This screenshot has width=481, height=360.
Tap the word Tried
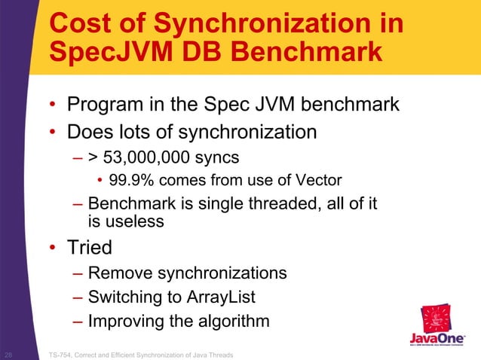pos(90,248)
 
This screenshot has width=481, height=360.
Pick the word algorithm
pos(225,322)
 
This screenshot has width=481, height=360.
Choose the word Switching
pos(126,297)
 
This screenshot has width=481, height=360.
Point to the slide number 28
pos(8,354)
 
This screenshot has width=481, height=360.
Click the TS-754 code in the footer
pos(61,354)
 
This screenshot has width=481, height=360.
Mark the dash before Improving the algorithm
pos(78,322)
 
